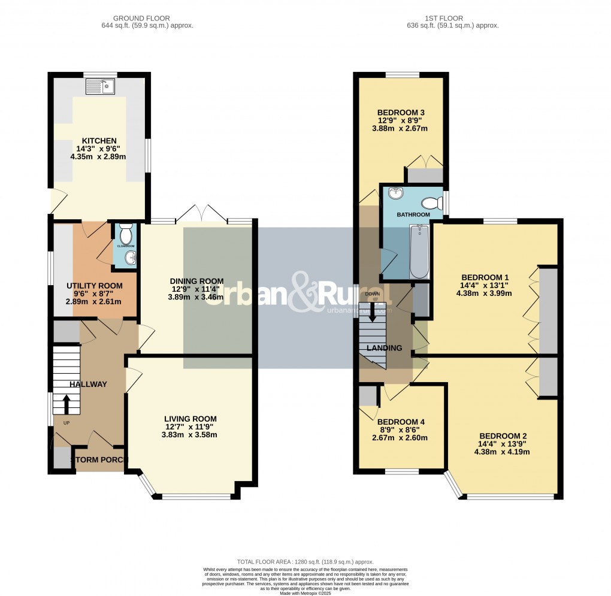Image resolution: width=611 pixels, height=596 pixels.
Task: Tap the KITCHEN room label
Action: tap(99, 141)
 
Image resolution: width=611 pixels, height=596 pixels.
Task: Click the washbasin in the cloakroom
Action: tap(130, 258)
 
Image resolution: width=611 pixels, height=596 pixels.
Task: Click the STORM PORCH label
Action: tap(99, 460)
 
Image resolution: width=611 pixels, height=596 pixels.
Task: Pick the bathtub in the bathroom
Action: tap(419, 252)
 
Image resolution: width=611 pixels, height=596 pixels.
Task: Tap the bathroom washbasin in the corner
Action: tap(396, 193)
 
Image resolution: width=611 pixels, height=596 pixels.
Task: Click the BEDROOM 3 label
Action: tap(401, 112)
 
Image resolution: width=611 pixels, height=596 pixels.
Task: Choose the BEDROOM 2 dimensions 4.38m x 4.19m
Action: tap(501, 452)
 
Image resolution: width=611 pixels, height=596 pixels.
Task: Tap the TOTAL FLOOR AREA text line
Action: tap(305, 562)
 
